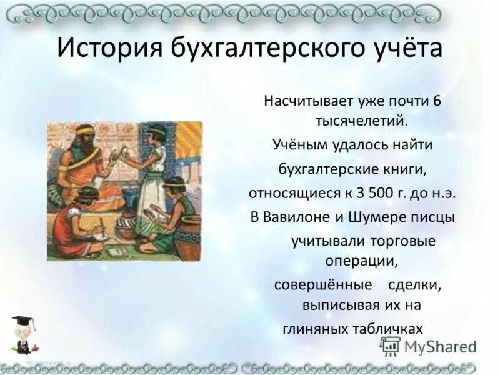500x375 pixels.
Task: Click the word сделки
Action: coord(415,284)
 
